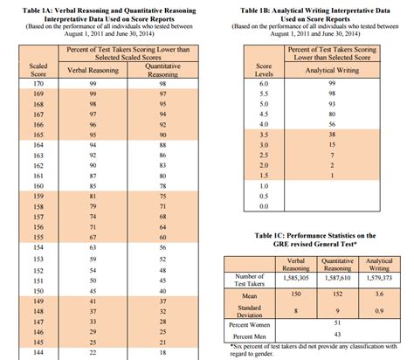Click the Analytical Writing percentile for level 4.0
(x=330, y=123)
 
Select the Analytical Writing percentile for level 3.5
(x=330, y=134)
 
